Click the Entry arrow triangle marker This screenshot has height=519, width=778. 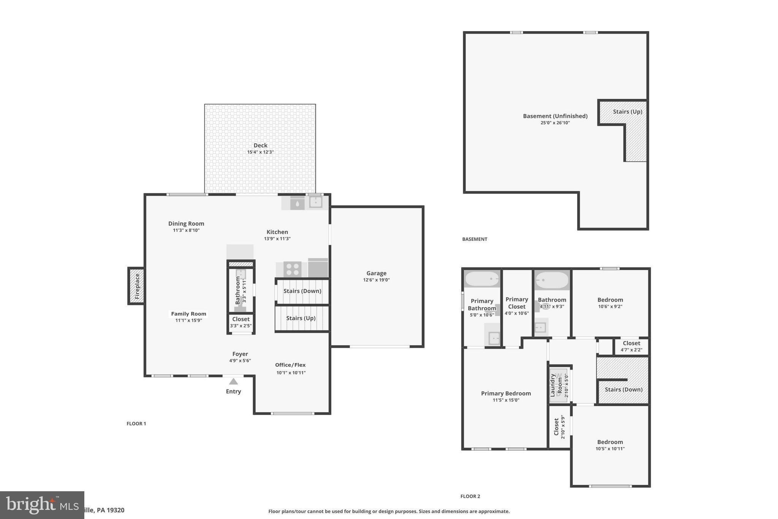(233, 381)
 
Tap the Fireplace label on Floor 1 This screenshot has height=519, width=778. (137, 286)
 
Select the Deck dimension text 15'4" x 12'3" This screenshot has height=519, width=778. (260, 152)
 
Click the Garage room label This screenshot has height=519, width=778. (376, 273)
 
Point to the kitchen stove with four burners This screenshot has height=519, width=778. (292, 269)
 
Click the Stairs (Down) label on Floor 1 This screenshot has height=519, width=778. (302, 291)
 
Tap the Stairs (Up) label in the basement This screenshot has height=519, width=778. (627, 112)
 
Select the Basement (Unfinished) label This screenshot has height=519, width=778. (555, 116)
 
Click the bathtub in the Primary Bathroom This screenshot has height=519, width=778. (482, 279)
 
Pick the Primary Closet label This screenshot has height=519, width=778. (517, 303)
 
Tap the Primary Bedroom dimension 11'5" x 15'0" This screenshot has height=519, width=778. (506, 400)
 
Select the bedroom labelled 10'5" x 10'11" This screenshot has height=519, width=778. (610, 445)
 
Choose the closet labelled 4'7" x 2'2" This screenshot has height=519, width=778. (631, 346)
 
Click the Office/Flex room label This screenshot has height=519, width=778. (290, 365)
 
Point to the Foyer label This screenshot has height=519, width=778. (240, 354)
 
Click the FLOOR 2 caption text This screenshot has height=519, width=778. (470, 496)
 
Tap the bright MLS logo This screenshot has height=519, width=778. (42, 505)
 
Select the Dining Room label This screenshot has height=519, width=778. (186, 224)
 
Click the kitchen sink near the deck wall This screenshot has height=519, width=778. (315, 202)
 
